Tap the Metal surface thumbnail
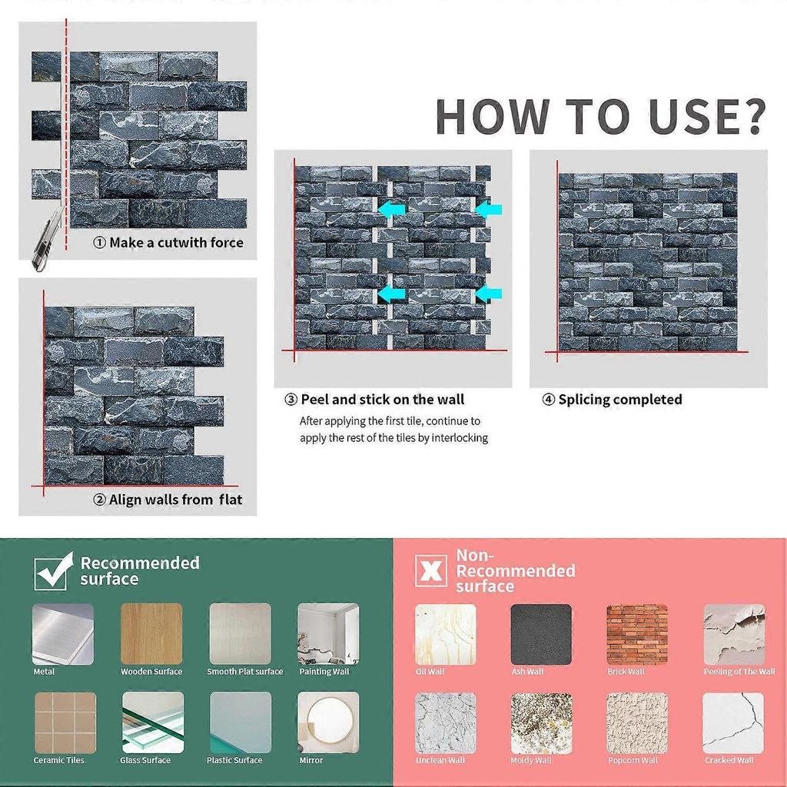coord(63,634)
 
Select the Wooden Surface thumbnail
coord(151,634)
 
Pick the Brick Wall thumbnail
coord(637,634)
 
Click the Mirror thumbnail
coord(328,722)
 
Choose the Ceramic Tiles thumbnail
coord(65,722)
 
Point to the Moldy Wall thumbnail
coord(541,723)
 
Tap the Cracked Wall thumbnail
coord(733,723)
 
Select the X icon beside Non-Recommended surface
coord(431,571)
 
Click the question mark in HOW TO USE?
coord(750,117)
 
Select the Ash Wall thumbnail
coord(541,634)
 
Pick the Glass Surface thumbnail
coord(153,722)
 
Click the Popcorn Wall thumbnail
coord(637,723)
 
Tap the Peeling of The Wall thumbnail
coord(734,634)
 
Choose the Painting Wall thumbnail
coord(328,634)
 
